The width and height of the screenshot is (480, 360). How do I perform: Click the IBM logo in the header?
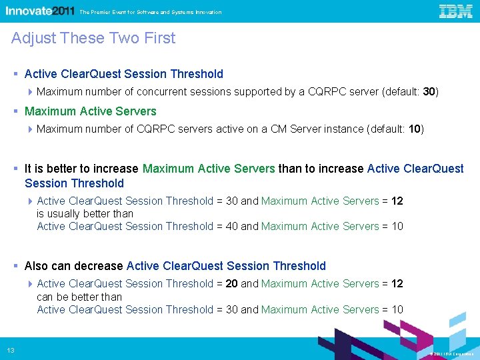click(455, 11)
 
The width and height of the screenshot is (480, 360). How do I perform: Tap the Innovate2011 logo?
click(40, 11)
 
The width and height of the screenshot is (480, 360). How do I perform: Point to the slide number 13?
click(11, 351)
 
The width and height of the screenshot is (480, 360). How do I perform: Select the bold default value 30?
click(429, 91)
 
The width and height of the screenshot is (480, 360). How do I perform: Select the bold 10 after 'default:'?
click(415, 129)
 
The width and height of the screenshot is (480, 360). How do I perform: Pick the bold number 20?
click(231, 283)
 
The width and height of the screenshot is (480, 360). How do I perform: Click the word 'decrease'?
click(101, 266)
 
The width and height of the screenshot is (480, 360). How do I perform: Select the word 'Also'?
click(37, 266)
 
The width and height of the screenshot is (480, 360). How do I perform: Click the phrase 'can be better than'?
click(79, 296)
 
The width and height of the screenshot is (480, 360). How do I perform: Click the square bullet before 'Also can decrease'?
click(15, 266)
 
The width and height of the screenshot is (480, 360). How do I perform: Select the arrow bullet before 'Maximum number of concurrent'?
click(31, 92)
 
